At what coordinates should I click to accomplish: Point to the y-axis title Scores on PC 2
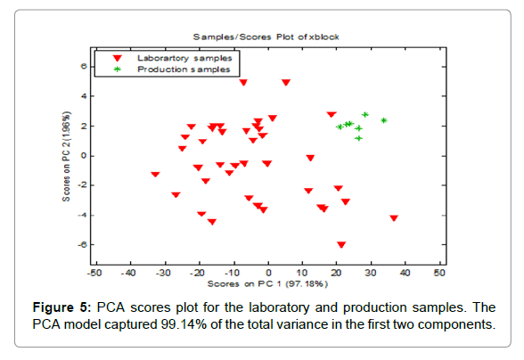click(66, 156)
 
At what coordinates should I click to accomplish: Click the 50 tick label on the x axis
click(438, 273)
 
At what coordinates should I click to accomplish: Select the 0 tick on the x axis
click(267, 273)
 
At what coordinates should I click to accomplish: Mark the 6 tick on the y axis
click(83, 66)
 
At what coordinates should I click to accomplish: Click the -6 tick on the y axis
click(81, 245)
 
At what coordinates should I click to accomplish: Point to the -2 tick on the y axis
click(81, 185)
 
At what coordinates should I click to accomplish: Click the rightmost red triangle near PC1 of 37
click(394, 217)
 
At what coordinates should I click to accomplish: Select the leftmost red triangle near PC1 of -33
click(155, 175)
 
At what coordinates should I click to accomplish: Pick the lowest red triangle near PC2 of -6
click(341, 244)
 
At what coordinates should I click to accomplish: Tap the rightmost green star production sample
click(383, 120)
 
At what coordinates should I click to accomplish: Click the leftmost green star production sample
click(340, 127)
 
